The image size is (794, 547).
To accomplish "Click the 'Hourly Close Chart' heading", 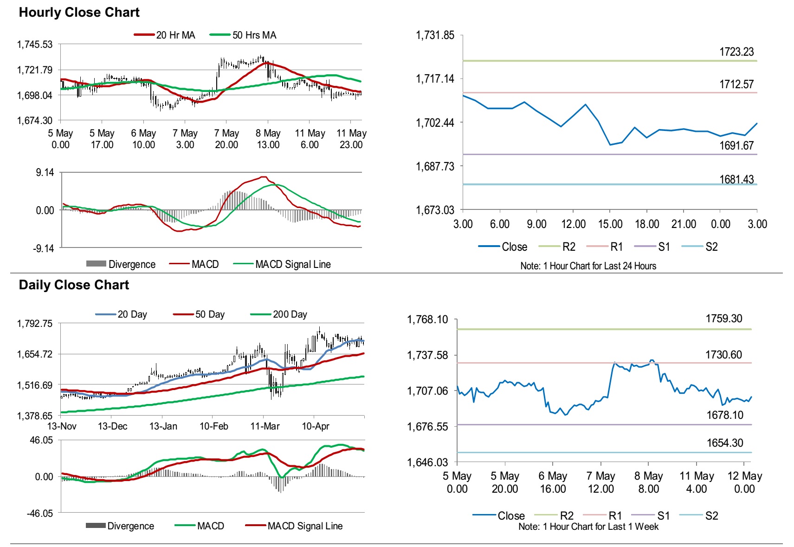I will point(79,13).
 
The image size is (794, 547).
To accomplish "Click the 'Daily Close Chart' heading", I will point(74,285).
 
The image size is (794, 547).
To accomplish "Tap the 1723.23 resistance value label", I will point(736,52).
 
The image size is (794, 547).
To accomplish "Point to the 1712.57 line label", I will point(736,84).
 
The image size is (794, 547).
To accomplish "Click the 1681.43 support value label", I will point(736,179).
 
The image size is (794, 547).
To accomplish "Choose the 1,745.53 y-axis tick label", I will point(35,45).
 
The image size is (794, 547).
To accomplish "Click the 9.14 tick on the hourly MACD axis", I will point(45,173).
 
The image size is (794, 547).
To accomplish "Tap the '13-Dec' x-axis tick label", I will point(112,426).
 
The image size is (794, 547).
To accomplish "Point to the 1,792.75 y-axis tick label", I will point(35,324).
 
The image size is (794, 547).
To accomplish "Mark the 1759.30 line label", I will point(724,319).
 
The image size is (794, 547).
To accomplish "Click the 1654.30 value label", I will point(725,443).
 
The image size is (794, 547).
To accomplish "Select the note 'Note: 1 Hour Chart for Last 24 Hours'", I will point(588,266).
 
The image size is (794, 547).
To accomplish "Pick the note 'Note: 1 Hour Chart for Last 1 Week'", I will point(588,527).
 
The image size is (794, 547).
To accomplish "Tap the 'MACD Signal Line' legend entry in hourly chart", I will point(293,265).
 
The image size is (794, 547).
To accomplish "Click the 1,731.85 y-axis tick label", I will point(435,35).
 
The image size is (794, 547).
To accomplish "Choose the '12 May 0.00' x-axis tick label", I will point(744,482).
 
